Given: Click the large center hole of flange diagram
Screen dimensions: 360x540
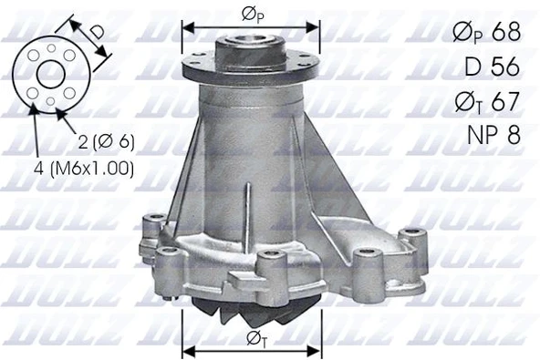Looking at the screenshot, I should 50,75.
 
